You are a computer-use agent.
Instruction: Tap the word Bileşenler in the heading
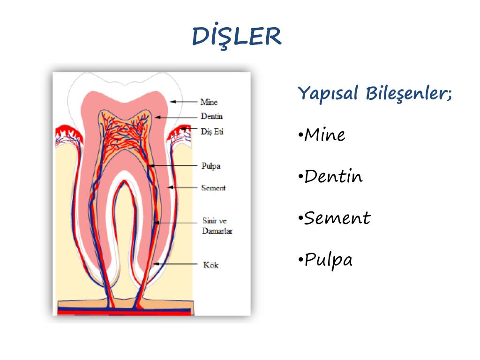point(406,93)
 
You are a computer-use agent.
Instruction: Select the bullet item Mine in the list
point(324,135)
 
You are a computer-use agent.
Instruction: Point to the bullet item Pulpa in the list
point(328,259)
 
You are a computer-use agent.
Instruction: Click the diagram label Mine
point(209,102)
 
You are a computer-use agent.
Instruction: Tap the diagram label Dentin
point(211,116)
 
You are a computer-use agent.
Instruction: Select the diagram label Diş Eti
point(212,131)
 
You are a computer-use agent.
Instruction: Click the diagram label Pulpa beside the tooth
point(210,166)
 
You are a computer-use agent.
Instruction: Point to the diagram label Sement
point(213,188)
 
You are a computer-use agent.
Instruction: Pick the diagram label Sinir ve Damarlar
point(217,225)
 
